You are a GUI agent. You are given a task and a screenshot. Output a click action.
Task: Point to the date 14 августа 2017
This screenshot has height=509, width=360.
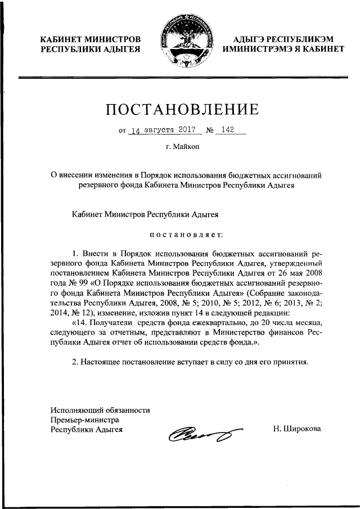coord(162,130)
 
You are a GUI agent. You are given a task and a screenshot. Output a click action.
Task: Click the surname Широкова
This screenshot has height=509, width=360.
coord(296,429)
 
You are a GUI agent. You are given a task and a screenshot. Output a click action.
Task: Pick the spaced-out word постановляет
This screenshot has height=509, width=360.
coord(186,233)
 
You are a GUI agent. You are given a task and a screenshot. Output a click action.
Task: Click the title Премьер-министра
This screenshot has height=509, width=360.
coord(84,419)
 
